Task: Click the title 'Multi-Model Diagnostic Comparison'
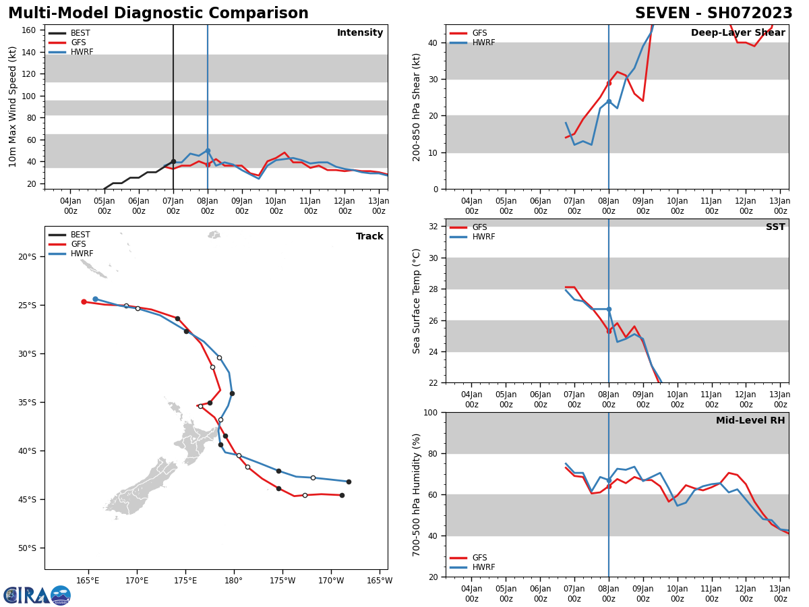158,13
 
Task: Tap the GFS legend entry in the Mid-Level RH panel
479,558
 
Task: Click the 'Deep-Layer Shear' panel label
738,33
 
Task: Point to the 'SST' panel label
775,227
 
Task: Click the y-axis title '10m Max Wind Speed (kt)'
13,107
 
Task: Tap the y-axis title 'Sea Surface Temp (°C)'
417,301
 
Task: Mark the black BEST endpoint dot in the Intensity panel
173,161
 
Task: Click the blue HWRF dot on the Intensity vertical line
208,150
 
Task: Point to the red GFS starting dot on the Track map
84,301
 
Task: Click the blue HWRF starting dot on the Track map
95,299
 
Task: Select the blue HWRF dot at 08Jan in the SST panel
609,309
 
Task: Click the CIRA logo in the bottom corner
37,595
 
